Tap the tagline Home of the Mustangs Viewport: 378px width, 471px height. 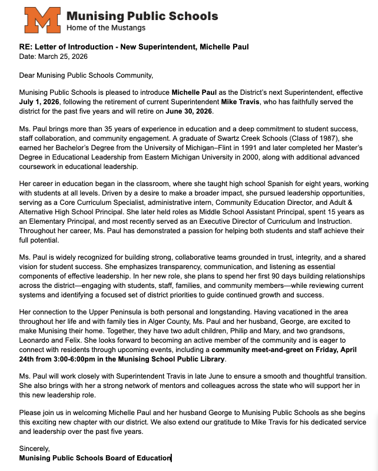[106, 28]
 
